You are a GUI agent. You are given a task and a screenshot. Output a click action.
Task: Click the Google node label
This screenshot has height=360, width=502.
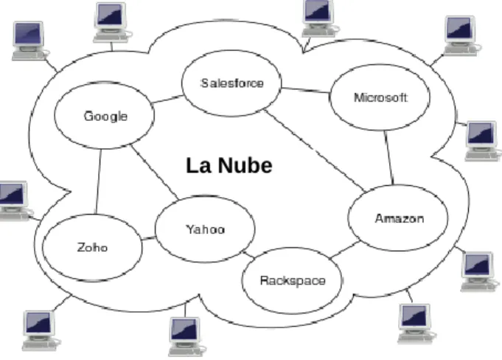(105, 117)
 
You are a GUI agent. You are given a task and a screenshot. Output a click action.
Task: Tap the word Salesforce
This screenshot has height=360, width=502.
(232, 83)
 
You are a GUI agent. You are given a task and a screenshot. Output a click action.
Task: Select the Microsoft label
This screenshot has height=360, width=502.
(380, 97)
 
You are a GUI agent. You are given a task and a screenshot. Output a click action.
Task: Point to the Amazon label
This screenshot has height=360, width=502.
(400, 218)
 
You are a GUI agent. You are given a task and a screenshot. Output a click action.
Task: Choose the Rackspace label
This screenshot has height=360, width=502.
(293, 281)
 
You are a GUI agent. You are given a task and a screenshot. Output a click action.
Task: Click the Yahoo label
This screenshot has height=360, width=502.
(206, 229)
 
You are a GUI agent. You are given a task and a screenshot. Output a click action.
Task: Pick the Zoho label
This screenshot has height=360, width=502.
(92, 247)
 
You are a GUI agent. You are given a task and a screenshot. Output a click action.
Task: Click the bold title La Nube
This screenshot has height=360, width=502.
(229, 165)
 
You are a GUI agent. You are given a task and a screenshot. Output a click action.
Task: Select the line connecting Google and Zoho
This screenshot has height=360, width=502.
(98, 181)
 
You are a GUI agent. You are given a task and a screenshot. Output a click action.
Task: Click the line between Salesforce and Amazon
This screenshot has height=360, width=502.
(315, 150)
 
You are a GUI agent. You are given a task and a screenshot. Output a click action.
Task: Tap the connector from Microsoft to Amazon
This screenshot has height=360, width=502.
(389, 158)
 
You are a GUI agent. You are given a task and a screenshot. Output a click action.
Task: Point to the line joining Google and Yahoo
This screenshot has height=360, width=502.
(154, 173)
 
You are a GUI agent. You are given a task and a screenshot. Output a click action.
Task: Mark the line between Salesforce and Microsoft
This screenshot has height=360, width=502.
(305, 90)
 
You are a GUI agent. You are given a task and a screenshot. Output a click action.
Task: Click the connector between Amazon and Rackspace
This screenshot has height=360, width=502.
(345, 249)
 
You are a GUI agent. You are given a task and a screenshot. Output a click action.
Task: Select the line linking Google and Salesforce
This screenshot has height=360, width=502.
(167, 99)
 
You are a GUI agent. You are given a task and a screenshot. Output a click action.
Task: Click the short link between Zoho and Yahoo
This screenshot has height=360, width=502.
(148, 238)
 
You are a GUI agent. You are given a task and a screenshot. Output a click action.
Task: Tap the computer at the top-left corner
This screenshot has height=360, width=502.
(29, 41)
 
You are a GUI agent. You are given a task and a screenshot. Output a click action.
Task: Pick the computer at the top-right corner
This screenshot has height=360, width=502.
(461, 35)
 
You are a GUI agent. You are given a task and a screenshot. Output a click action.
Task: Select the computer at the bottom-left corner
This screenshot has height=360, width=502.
(41, 330)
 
